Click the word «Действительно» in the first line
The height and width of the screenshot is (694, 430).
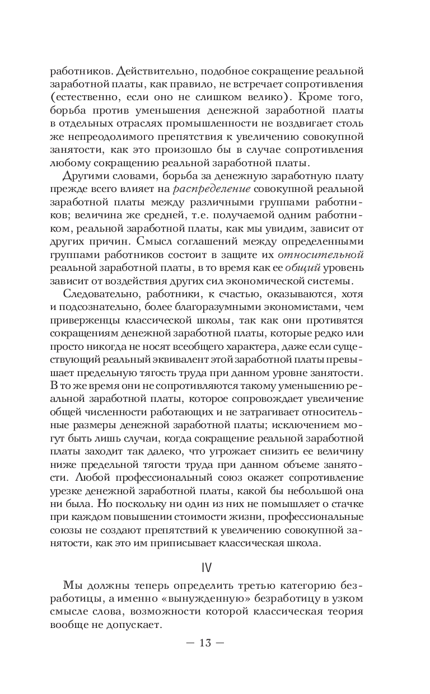point(156,72)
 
